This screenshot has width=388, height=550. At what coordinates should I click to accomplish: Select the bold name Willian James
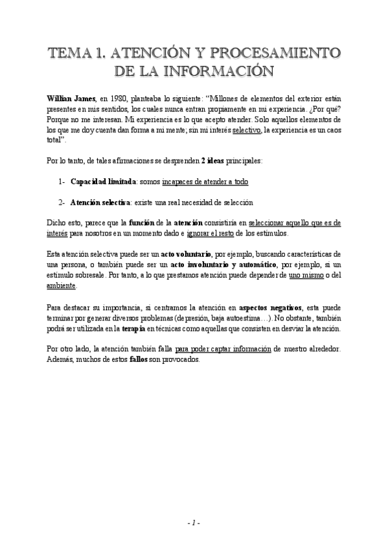point(71,98)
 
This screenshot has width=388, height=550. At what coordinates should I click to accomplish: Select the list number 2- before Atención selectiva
point(62,203)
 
